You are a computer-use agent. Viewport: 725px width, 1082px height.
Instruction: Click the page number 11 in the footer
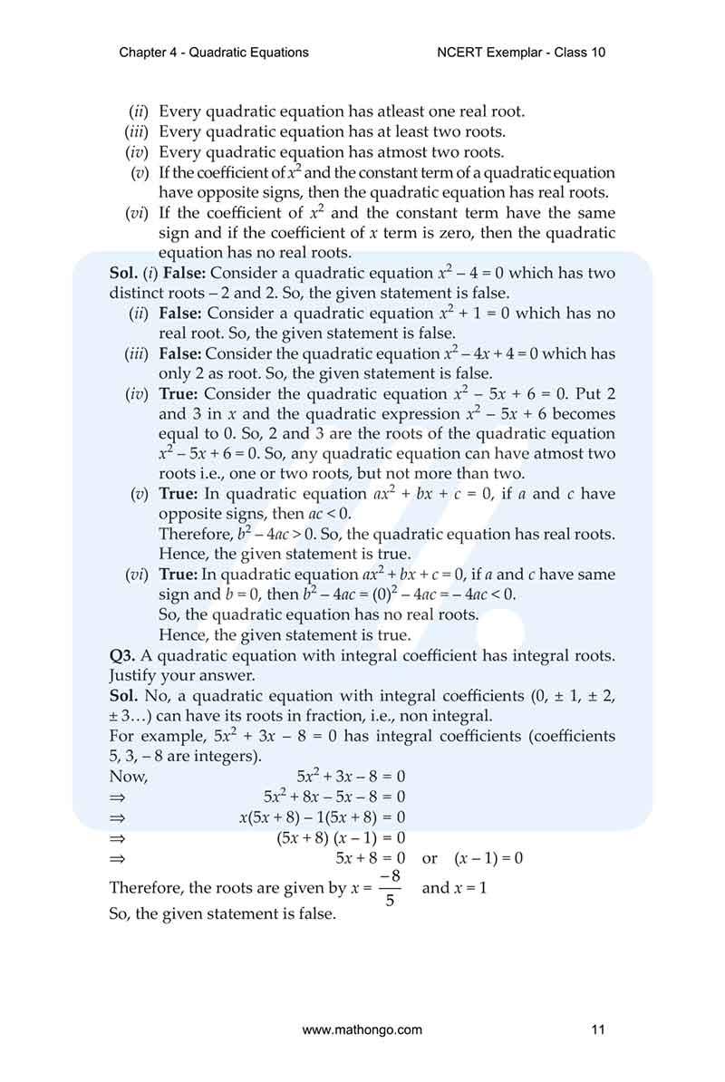[596, 1029]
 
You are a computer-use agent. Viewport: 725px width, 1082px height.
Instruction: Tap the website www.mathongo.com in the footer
[362, 1029]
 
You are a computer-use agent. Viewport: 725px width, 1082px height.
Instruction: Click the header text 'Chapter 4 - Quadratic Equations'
[214, 53]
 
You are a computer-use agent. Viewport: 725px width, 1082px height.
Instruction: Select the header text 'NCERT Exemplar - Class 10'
[521, 53]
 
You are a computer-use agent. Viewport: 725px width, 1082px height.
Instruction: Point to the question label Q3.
[122, 655]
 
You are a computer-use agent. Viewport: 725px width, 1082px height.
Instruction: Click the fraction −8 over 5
[390, 888]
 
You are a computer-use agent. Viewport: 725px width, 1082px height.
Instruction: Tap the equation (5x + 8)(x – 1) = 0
[341, 837]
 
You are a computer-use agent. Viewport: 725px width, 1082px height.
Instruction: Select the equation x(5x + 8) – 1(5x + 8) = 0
[322, 816]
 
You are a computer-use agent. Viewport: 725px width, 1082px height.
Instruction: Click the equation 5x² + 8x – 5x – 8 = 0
[334, 797]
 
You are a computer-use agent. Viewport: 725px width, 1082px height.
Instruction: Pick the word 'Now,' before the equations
[128, 777]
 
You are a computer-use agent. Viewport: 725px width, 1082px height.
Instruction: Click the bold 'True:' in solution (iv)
[179, 394]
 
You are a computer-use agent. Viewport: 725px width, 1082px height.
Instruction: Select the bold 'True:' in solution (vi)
[179, 575]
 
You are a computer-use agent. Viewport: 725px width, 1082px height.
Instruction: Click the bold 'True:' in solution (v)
[179, 494]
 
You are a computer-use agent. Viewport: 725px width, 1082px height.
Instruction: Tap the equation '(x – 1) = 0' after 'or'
[488, 858]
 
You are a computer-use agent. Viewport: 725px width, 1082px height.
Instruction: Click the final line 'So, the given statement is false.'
[222, 914]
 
